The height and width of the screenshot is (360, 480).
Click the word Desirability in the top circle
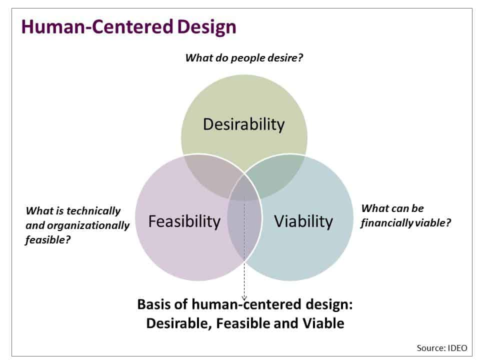243,124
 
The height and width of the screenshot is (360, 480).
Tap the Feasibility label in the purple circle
184,220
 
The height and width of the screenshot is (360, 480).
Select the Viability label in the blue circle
303,220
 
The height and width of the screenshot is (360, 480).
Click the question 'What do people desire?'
244,57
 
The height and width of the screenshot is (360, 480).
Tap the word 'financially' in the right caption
385,223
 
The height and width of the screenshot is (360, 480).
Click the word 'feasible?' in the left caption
47,240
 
